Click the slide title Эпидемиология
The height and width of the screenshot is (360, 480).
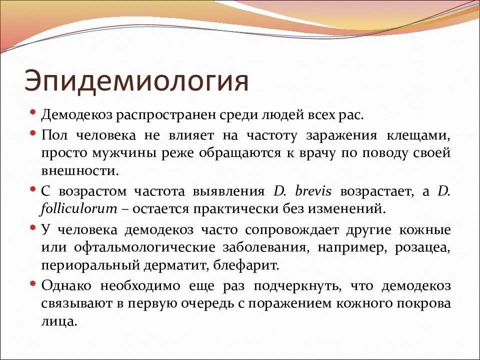[136, 81]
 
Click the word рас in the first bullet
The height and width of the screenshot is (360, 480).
[353, 115]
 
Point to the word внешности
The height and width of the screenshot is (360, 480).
[80, 171]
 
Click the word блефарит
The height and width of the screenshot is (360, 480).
[253, 265]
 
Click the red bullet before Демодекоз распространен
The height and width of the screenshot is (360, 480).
[32, 112]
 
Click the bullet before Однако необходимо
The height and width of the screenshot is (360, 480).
[32, 283]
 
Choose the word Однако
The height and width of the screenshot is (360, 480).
[67, 286]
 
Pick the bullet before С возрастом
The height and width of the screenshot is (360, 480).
[32, 188]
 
